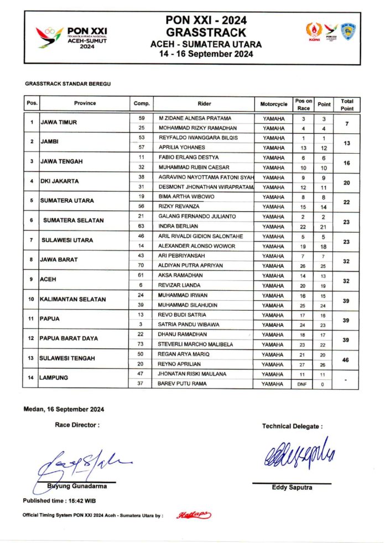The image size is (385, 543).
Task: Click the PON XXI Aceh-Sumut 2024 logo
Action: click(x=72, y=38)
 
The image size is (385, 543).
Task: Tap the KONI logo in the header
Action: click(x=314, y=33)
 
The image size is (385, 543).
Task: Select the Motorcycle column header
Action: click(x=274, y=103)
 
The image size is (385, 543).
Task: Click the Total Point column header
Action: click(x=347, y=104)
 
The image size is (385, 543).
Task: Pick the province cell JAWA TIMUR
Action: click(x=58, y=123)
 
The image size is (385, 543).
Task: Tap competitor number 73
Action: click(x=141, y=344)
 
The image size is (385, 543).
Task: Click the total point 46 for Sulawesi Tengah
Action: click(x=347, y=359)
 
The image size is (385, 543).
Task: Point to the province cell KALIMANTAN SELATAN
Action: click(x=72, y=300)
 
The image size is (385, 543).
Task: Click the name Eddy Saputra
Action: click(x=292, y=488)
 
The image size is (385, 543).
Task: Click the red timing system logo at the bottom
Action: click(x=194, y=515)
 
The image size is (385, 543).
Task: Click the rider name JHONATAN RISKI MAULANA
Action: click(x=192, y=374)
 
